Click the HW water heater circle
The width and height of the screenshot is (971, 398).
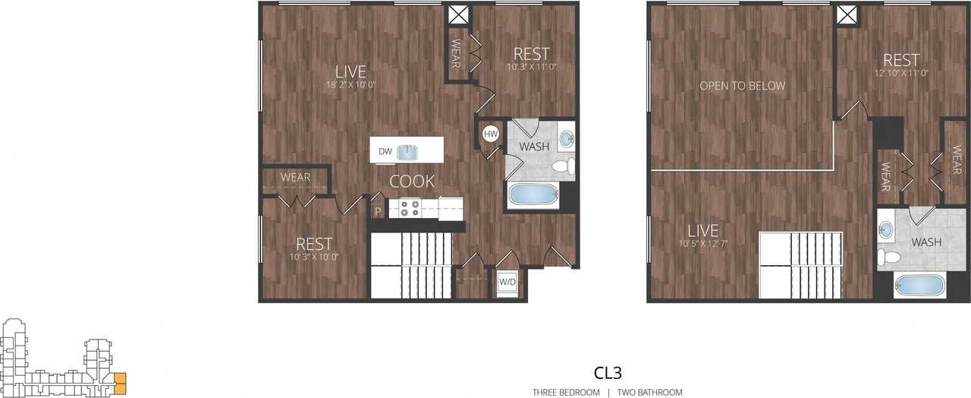[x=491, y=134]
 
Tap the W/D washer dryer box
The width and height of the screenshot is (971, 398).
[x=506, y=283]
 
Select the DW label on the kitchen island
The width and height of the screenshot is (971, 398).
[x=385, y=152]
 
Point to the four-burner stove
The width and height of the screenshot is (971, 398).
[x=410, y=207]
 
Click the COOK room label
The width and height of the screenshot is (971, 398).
[x=412, y=182]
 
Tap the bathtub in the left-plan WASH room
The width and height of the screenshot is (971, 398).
[x=533, y=195]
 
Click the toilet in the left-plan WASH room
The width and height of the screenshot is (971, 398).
[x=562, y=166]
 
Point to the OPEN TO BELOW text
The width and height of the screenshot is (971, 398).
[x=742, y=86]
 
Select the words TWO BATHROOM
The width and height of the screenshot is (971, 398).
[x=649, y=393]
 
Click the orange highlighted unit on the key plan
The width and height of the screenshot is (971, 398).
[x=120, y=382]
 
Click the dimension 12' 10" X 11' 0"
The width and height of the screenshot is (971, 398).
[x=901, y=73]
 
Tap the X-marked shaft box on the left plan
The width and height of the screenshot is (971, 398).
[x=457, y=15]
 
